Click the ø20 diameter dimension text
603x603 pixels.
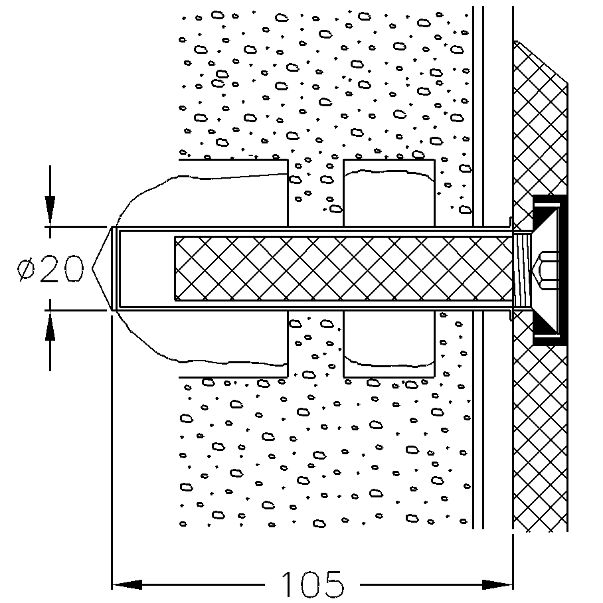(52, 269)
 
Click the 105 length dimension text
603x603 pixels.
(312, 584)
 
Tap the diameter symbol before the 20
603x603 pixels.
(28, 269)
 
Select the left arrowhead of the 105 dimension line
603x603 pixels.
(126, 585)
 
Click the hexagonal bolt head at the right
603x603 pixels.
(549, 268)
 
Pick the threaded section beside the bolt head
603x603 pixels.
(523, 268)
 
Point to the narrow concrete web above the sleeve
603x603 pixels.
(315, 193)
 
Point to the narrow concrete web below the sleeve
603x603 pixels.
(315, 345)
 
